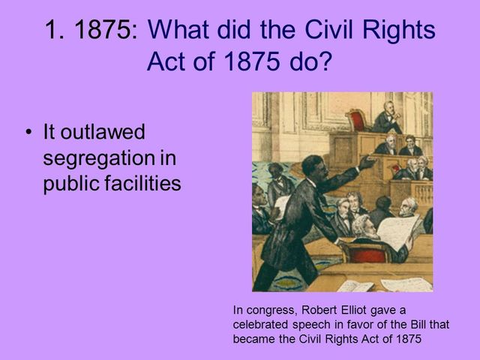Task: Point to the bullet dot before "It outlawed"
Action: click(x=28, y=133)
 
